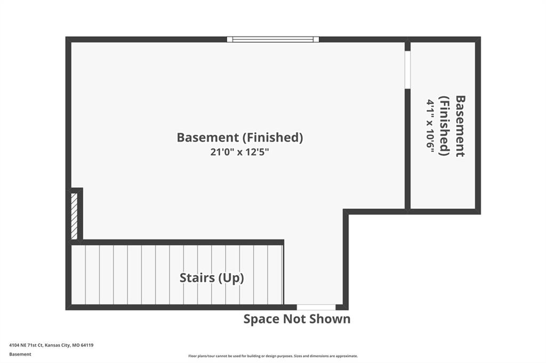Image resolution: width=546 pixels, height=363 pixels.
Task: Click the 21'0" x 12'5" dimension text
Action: [x=239, y=152]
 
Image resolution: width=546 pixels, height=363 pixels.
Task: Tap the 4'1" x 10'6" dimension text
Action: [x=431, y=126]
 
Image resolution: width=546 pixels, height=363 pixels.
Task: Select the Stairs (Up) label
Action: [x=212, y=278]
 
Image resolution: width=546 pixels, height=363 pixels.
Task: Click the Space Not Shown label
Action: [x=296, y=319]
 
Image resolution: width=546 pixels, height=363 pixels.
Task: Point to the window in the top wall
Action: [x=273, y=39]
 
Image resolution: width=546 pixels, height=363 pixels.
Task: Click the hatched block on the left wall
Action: [x=74, y=216]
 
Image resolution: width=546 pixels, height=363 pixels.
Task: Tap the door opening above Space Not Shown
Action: [x=316, y=307]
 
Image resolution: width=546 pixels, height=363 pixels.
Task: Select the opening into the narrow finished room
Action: [x=407, y=70]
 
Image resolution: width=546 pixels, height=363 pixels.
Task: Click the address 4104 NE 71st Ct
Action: [x=26, y=345]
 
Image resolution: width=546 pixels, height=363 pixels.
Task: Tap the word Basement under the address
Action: [x=20, y=354]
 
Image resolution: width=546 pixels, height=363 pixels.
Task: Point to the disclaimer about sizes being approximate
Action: [x=273, y=356]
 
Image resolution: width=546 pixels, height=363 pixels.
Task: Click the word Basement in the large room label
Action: [x=207, y=137]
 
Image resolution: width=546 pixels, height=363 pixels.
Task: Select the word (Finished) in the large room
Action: [x=272, y=138]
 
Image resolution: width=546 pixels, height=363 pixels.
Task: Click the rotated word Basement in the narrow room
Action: [x=460, y=126]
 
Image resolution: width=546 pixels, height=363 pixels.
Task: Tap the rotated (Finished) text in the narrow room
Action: [x=445, y=126]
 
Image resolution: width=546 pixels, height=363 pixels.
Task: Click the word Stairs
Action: [x=197, y=277]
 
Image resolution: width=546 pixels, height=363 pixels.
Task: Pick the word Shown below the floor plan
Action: [x=329, y=319]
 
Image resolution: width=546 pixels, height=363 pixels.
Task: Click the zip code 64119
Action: [x=87, y=345]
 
